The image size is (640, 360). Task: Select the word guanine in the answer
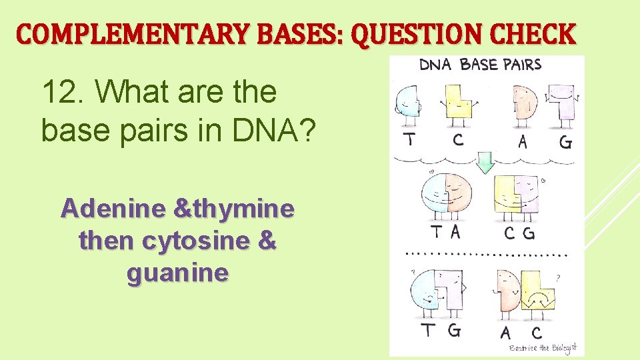tap(177, 273)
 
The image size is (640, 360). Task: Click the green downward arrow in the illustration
tap(485, 162)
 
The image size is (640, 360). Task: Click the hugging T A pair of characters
tap(445, 196)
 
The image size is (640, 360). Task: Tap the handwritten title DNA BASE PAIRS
tap(480, 65)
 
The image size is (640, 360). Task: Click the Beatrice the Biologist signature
tap(542, 347)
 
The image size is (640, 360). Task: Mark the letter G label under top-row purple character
tap(565, 142)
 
